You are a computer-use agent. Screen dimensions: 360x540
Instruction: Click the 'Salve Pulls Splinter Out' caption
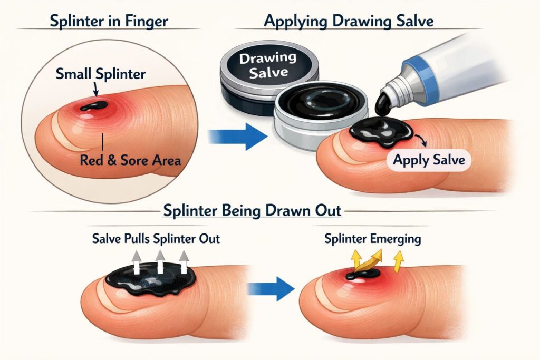pyautogui.click(x=157, y=239)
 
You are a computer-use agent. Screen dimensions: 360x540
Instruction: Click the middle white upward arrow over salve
pyautogui.click(x=159, y=260)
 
